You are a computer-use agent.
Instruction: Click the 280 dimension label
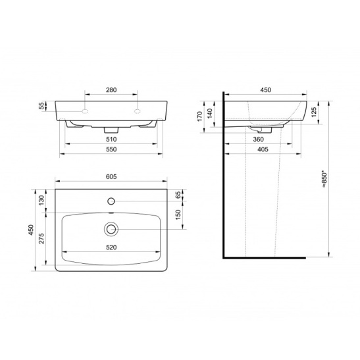click(x=111, y=90)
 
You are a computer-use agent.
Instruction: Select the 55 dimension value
click(x=41, y=106)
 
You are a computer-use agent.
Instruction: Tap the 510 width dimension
click(x=111, y=140)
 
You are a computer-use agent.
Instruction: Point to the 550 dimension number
click(x=111, y=149)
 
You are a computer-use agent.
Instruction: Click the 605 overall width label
click(x=111, y=176)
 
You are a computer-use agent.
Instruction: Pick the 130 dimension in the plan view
click(x=41, y=200)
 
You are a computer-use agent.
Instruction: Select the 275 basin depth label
click(x=41, y=238)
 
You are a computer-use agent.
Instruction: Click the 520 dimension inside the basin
click(x=111, y=247)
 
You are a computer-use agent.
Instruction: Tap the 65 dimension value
click(x=178, y=195)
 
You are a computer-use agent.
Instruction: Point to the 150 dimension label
click(x=178, y=215)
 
